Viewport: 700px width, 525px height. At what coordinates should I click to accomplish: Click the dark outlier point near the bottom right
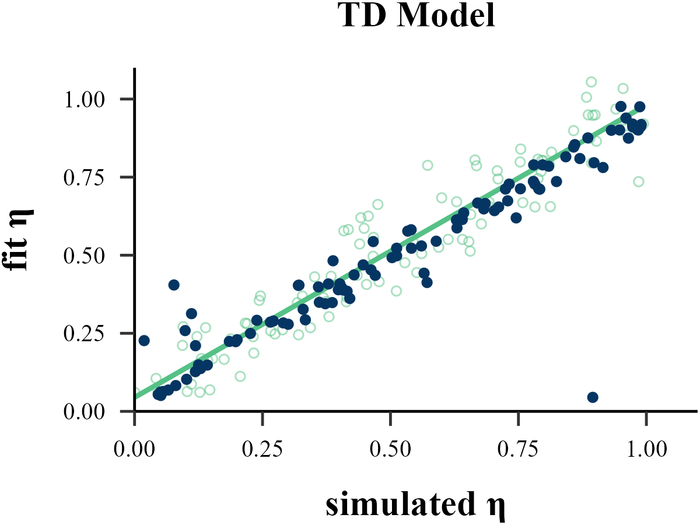click(593, 397)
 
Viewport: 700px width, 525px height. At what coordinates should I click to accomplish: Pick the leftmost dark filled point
click(144, 341)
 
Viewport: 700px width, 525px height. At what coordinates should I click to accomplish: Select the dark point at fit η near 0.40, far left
click(174, 285)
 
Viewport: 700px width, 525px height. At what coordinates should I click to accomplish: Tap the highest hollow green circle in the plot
click(591, 82)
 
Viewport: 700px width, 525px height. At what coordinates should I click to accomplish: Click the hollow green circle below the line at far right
click(639, 181)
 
